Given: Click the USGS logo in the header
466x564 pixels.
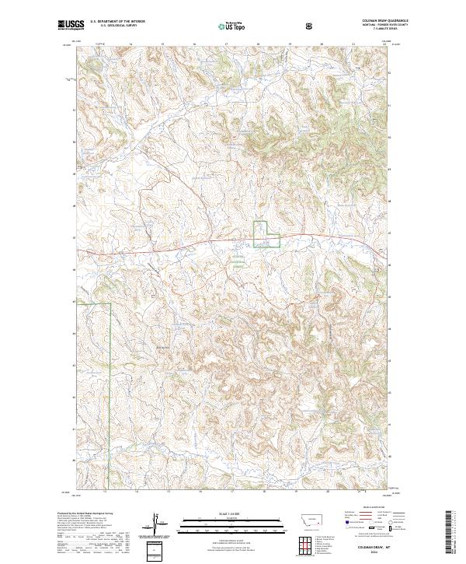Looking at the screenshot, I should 71,25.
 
